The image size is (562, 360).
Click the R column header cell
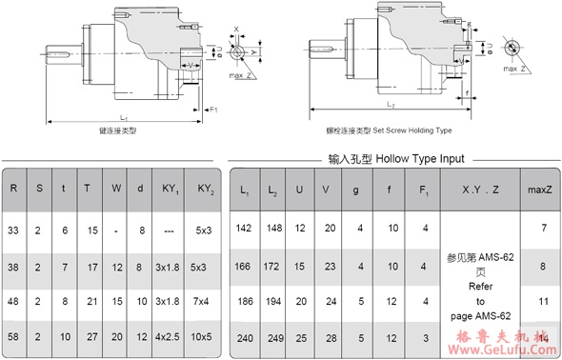point(13,188)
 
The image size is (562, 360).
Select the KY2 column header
point(204,188)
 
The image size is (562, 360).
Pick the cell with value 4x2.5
point(168,337)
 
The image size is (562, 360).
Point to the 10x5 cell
point(204,337)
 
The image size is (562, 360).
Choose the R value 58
point(13,337)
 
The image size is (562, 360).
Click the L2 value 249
point(273,336)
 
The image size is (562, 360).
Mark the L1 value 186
point(244,300)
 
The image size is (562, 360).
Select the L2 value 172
point(273,264)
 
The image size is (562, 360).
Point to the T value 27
point(88,337)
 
